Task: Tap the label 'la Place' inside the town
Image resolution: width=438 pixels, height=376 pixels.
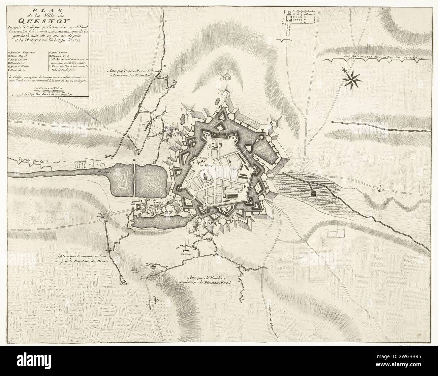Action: click(x=203, y=165)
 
